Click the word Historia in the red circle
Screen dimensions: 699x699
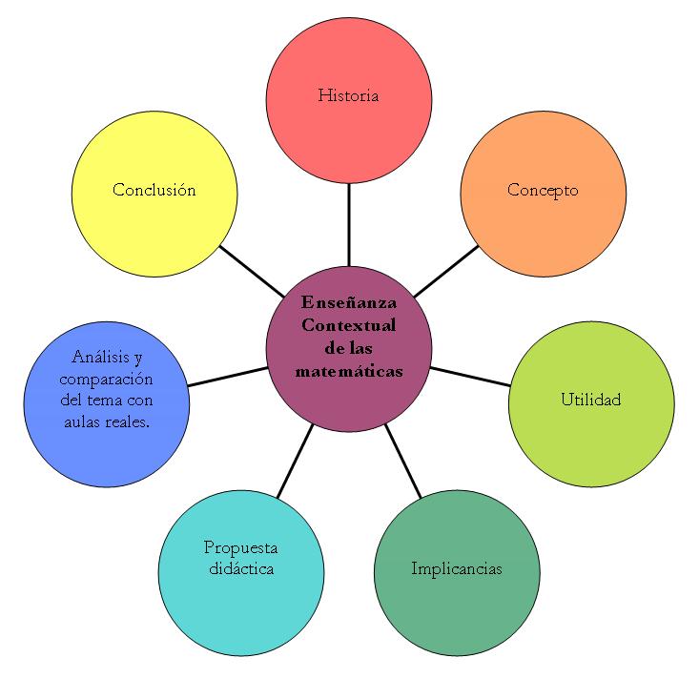pyautogui.click(x=348, y=95)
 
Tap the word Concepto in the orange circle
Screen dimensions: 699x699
pyautogui.click(x=543, y=190)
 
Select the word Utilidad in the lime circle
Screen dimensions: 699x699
pyautogui.click(x=590, y=399)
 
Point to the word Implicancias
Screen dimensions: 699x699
pyautogui.click(x=457, y=569)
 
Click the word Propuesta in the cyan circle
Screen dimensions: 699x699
pyautogui.click(x=240, y=547)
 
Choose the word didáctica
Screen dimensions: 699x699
pyautogui.click(x=240, y=569)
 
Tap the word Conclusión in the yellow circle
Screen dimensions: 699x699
pyautogui.click(x=154, y=190)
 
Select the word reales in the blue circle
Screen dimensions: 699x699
pyautogui.click(x=128, y=421)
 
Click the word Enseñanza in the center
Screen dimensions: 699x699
pyautogui.click(x=348, y=302)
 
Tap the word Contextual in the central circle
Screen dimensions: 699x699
pyautogui.click(x=348, y=325)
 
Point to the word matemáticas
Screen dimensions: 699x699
pyautogui.click(x=348, y=370)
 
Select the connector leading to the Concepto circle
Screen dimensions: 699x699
pyautogui.click(x=445, y=272)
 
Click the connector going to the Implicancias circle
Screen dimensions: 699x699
pyautogui.click(x=404, y=463)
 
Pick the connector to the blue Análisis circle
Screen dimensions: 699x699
pyautogui.click(x=227, y=376)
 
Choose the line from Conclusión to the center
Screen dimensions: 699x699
pyautogui.click(x=253, y=273)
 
